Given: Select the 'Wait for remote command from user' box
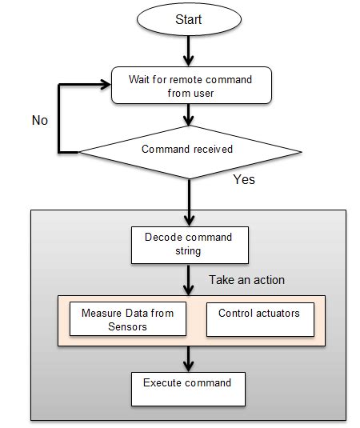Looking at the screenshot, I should pyautogui.click(x=189, y=86).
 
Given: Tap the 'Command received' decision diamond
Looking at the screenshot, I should pyautogui.click(x=189, y=150).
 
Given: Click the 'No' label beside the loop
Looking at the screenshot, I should pyautogui.click(x=40, y=120).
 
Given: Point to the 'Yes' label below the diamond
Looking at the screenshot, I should pyautogui.click(x=244, y=180).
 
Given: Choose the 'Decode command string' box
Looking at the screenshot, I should pyautogui.click(x=189, y=245).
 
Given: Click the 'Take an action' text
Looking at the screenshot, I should pyautogui.click(x=246, y=281).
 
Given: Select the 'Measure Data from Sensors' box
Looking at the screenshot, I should pyautogui.click(x=127, y=320).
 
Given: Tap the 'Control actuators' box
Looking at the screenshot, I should pyautogui.click(x=259, y=318).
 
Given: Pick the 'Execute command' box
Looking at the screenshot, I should pyautogui.click(x=187, y=388).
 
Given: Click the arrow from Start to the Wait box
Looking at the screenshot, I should pyautogui.click(x=189, y=51).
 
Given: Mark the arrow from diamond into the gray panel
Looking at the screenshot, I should pyautogui.click(x=189, y=200).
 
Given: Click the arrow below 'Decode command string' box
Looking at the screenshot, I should pyautogui.click(x=189, y=280).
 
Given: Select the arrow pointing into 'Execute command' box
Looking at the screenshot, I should pyautogui.click(x=189, y=358).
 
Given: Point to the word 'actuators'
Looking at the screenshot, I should pyautogui.click(x=278, y=313).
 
